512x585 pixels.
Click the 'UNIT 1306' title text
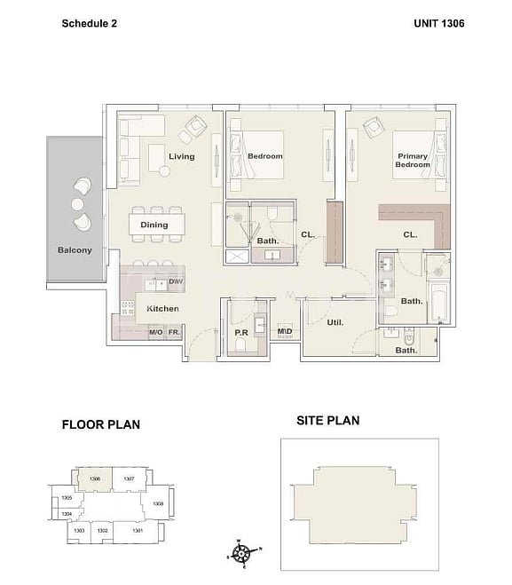coord(438,23)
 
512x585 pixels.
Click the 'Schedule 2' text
coord(89,23)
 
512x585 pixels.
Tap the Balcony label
coord(75,250)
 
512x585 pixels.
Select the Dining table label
coord(154,225)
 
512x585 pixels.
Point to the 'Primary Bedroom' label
coord(412,161)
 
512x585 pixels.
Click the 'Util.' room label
coord(336,323)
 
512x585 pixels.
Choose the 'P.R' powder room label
coord(240,333)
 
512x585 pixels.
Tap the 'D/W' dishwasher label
coord(175,283)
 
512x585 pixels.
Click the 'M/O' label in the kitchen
coord(155,332)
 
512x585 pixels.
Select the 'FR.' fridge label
coord(175,332)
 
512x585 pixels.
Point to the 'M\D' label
coord(285,332)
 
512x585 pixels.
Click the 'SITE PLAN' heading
coord(328,420)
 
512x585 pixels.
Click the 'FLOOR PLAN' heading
coord(100,424)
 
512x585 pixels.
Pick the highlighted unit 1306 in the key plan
coord(94,478)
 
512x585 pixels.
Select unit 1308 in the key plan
coord(157,503)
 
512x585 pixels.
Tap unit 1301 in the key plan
coord(138,531)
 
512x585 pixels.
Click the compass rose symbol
coord(240,553)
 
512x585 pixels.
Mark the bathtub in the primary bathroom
coord(440,304)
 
